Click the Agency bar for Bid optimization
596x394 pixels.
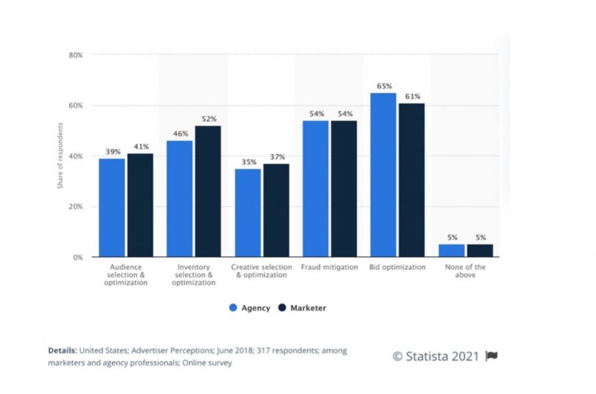(383, 175)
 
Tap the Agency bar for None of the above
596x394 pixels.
(452, 250)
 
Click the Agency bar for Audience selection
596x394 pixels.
(111, 208)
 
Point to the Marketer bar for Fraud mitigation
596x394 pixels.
(344, 189)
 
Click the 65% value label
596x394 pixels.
(384, 86)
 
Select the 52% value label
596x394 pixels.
(208, 119)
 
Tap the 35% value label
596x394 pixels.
(248, 162)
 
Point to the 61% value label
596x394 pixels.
(412, 97)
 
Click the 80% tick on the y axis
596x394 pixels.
(76, 55)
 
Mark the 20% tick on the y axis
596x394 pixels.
(76, 207)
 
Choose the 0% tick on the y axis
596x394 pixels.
(78, 257)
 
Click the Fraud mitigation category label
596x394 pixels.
(329, 267)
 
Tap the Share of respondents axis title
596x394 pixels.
(60, 155)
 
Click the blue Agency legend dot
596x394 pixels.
(233, 308)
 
